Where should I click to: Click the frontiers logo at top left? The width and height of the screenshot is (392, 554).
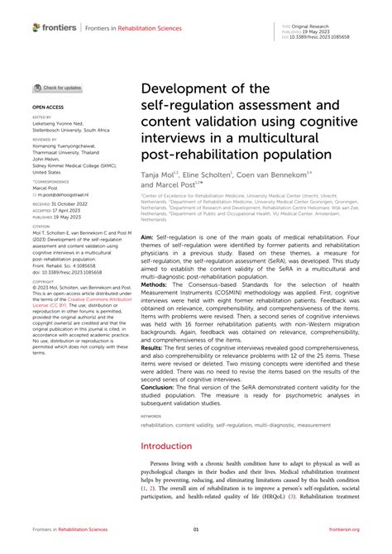click(55, 27)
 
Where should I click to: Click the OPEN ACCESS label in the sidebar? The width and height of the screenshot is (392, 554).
click(47, 107)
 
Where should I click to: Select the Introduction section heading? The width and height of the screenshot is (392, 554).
click(169, 444)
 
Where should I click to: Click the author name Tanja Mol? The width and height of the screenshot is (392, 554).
click(161, 177)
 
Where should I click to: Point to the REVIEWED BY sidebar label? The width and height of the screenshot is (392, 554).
click(46, 140)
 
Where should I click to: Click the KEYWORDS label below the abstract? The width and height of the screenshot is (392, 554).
click(151, 416)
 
